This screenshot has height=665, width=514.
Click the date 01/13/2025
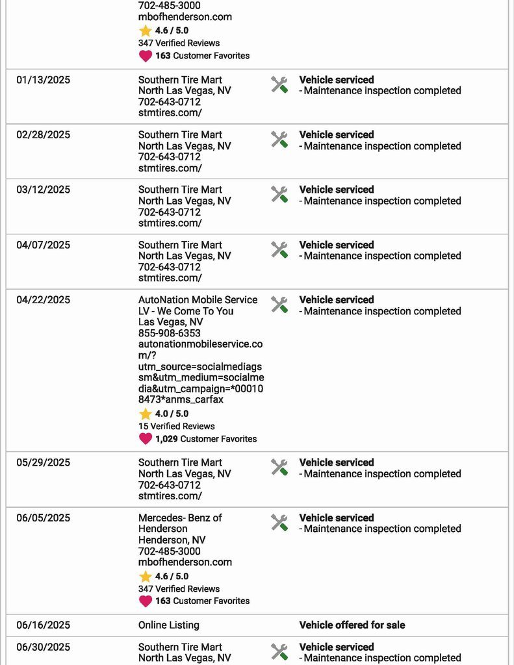pos(44,80)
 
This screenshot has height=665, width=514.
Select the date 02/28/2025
pos(44,135)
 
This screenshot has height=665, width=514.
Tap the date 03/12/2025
pos(44,190)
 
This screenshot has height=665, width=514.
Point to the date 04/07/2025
pos(44,245)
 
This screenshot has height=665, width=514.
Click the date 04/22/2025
pos(44,300)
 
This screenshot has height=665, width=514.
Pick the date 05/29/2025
pos(44,462)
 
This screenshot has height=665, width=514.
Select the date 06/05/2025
pos(44,518)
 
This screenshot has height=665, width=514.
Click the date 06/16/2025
pos(44,625)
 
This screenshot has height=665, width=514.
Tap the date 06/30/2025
pos(44,647)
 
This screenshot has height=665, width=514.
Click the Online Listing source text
pos(169,625)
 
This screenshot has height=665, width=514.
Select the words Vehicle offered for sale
pos(352,625)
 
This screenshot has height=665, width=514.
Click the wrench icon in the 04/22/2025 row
pos(279,305)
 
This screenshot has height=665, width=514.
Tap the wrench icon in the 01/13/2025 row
pos(279,84)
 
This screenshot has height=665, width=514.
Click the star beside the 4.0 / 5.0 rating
pos(146,414)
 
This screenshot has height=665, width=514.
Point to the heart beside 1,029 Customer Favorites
pos(146,439)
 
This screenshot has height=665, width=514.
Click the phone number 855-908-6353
pos(170,333)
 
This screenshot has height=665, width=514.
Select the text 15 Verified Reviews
pos(177,426)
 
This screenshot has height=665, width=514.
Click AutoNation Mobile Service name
pos(198,300)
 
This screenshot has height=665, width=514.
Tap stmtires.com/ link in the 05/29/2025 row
pos(170,496)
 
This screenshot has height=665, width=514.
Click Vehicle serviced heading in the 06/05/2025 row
pos(337,518)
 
